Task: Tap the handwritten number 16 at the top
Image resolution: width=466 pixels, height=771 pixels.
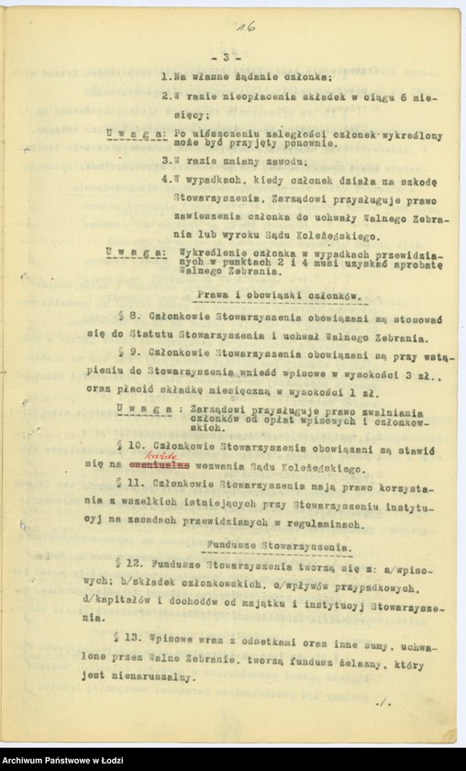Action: [245, 28]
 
